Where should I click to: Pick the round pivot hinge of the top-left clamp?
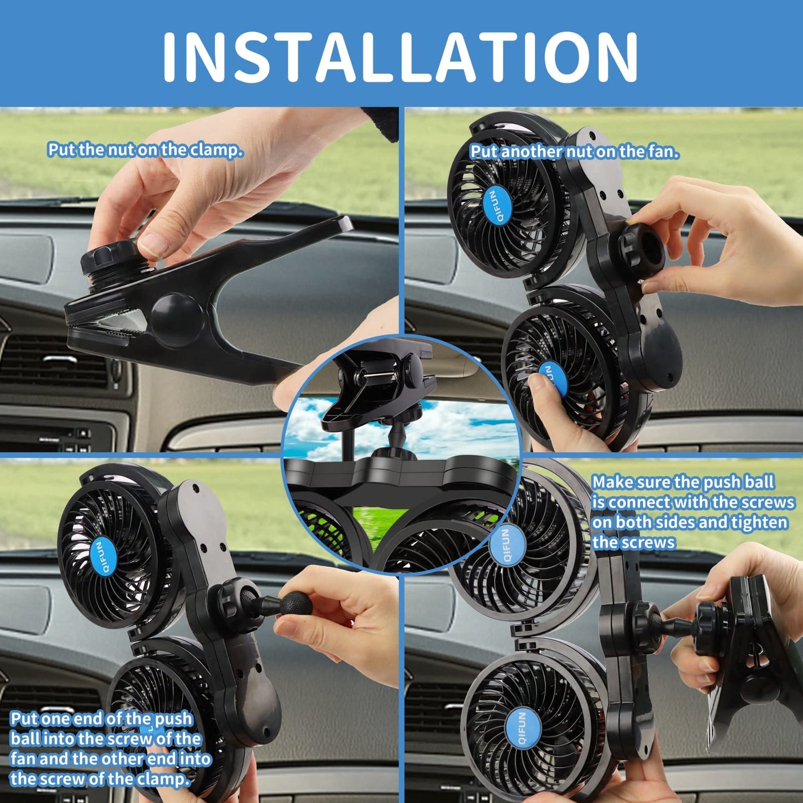click(x=177, y=321)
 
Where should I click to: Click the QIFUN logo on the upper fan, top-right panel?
click(x=492, y=206)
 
